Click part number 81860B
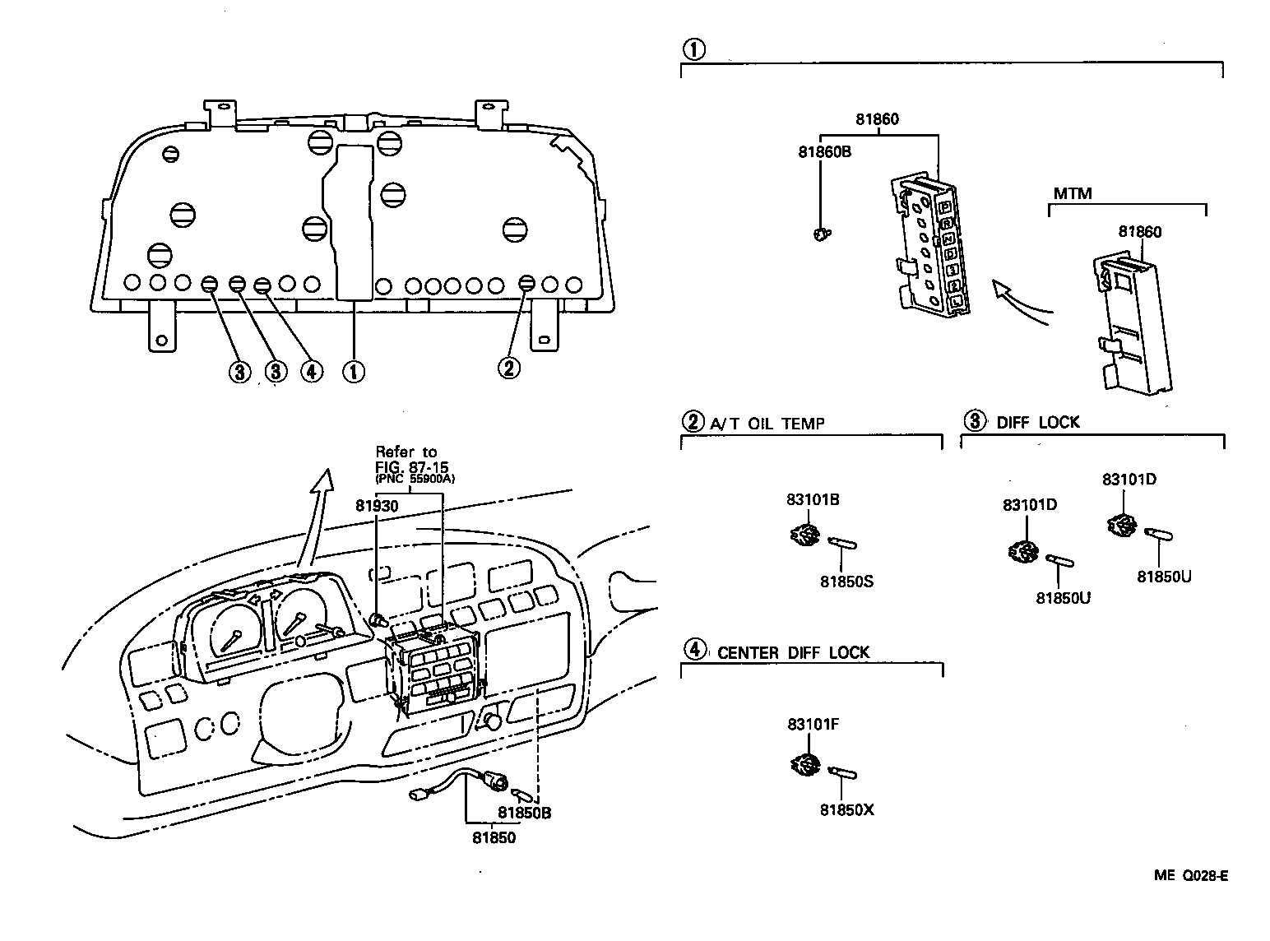823,151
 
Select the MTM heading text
1073,194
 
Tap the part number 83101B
813,499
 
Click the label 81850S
846,582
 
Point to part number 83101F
813,724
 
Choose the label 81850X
846,810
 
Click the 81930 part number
377,506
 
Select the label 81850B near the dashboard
524,814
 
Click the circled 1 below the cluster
353,372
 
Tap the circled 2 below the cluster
508,368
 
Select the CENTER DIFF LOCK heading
793,652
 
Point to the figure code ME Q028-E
1190,876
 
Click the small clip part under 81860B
819,236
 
